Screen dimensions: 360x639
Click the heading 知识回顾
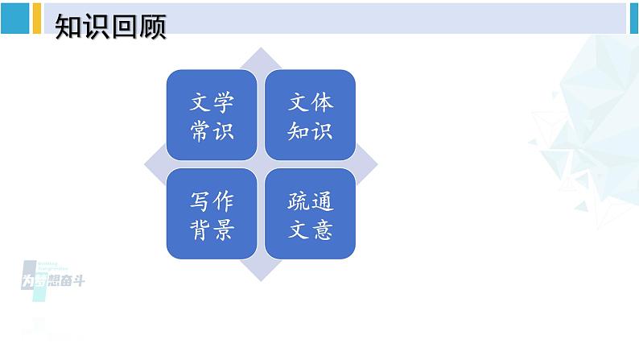(110, 27)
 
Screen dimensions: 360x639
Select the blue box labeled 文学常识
(212, 115)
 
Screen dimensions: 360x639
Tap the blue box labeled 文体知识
(311, 115)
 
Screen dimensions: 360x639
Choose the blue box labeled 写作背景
(212, 214)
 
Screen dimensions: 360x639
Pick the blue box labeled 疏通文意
(311, 214)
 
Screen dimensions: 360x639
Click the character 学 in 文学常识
(224, 102)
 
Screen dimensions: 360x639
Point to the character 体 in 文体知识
(322, 102)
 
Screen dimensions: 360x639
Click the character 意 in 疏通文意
(322, 230)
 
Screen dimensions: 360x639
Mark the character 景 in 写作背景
(224, 230)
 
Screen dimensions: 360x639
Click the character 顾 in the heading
(152, 27)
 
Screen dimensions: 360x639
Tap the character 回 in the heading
(124, 27)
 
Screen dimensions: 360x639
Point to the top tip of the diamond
(262, 50)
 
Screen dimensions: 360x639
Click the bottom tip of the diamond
(262, 279)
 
